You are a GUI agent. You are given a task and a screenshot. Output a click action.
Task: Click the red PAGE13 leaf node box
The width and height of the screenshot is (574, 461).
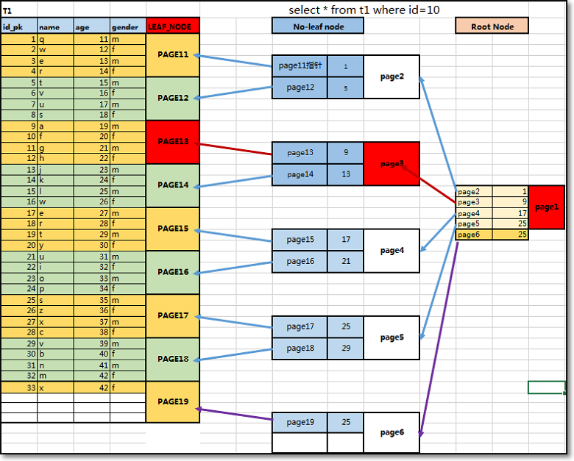pyautogui.click(x=173, y=142)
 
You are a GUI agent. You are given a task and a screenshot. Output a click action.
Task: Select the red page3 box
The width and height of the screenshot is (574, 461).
pyautogui.click(x=391, y=164)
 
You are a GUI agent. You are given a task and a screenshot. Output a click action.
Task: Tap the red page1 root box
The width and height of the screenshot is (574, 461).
pyautogui.click(x=547, y=207)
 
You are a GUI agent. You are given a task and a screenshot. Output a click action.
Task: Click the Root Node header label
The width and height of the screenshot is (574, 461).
pyautogui.click(x=492, y=26)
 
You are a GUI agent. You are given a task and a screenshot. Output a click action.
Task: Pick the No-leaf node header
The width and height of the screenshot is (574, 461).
pyautogui.click(x=318, y=26)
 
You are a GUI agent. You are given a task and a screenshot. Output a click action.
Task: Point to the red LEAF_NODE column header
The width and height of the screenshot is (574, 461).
pyautogui.click(x=173, y=26)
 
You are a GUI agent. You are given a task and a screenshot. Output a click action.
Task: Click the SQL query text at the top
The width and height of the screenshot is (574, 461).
pyautogui.click(x=365, y=10)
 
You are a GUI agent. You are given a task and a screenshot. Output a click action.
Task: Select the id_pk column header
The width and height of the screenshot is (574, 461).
pyautogui.click(x=18, y=26)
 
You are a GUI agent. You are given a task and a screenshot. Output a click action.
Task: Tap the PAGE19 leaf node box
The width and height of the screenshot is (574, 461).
pyautogui.click(x=173, y=402)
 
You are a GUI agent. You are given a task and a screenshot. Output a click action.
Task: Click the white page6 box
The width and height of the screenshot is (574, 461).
pyautogui.click(x=391, y=432)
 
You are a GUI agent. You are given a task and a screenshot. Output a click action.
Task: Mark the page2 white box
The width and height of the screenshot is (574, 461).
pyautogui.click(x=391, y=76)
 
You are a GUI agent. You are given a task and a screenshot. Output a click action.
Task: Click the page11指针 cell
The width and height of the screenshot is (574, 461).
pyautogui.click(x=300, y=65)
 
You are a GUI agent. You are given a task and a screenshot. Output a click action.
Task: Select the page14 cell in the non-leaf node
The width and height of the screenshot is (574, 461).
pyautogui.click(x=300, y=174)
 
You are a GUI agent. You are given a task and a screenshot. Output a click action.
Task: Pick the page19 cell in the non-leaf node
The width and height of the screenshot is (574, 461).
pyautogui.click(x=300, y=422)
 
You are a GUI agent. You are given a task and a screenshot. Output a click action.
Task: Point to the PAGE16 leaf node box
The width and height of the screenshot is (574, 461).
pyautogui.click(x=173, y=272)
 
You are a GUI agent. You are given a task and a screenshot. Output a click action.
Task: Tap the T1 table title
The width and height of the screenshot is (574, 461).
pyautogui.click(x=7, y=11)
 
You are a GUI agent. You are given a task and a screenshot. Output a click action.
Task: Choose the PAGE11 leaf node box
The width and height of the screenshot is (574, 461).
pyautogui.click(x=173, y=55)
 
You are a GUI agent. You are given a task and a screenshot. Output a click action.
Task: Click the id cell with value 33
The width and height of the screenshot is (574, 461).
pyautogui.click(x=18, y=387)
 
